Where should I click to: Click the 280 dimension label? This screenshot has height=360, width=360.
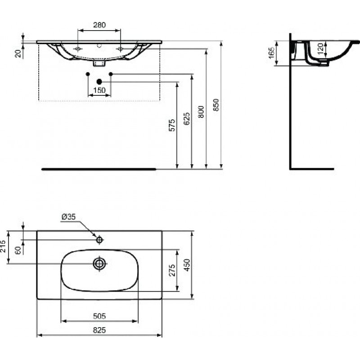pyautogui.click(x=99, y=25)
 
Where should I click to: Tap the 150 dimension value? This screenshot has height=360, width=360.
pyautogui.click(x=99, y=90)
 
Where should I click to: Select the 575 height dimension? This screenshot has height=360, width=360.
pyautogui.click(x=172, y=125)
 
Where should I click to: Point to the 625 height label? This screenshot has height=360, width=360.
pyautogui.click(x=187, y=119)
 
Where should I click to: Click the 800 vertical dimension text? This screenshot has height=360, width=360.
pyautogui.click(x=201, y=112)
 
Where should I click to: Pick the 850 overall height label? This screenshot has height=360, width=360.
pyautogui.click(x=216, y=105)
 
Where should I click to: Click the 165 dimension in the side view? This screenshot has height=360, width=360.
pyautogui.click(x=271, y=53)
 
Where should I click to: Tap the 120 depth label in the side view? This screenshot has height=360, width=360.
pyautogui.click(x=321, y=48)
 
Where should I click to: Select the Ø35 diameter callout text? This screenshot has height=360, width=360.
pyautogui.click(x=69, y=217)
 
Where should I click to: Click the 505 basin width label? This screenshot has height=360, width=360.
pyautogui.click(x=99, y=316)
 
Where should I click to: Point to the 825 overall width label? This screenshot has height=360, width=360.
pyautogui.click(x=99, y=330)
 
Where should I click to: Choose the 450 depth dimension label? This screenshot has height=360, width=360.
pyautogui.click(x=187, y=265)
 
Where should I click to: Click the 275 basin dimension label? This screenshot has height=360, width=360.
pyautogui.click(x=172, y=270)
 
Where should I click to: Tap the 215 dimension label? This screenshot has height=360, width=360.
pyautogui.click(x=3, y=246)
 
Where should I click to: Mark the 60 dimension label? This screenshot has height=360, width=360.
pyautogui.click(x=18, y=250)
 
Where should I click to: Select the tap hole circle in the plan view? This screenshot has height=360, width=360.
pyautogui.click(x=99, y=240)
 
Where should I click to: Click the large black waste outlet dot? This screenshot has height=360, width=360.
pyautogui.click(x=99, y=81)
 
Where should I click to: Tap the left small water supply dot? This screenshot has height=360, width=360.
pyautogui.click(x=88, y=74)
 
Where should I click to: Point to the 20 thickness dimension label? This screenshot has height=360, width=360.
pyautogui.click(x=18, y=54)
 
